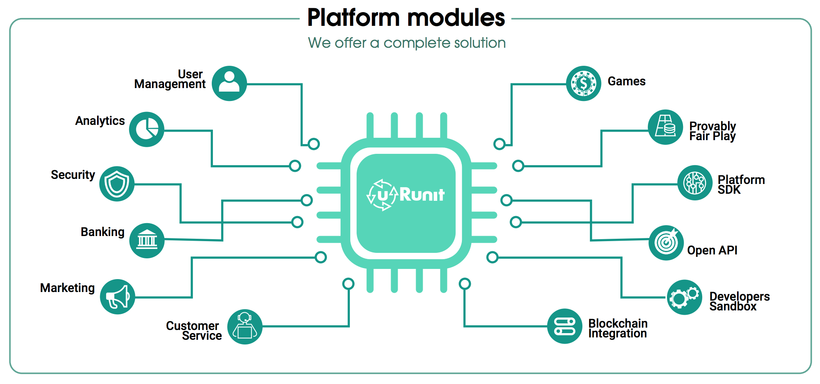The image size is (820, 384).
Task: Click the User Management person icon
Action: pyautogui.click(x=229, y=83)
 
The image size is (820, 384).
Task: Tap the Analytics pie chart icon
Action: pyautogui.click(x=147, y=129)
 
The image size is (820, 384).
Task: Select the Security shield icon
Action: pyautogui.click(x=117, y=184)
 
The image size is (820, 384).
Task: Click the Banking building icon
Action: pyautogui.click(x=147, y=240)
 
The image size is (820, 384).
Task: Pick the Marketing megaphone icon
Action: pyautogui.click(x=117, y=297)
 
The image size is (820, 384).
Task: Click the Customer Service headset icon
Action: pyautogui.click(x=245, y=327)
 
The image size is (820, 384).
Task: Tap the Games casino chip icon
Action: pyautogui.click(x=583, y=83)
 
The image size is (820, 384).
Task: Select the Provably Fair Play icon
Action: pyautogui.click(x=665, y=127)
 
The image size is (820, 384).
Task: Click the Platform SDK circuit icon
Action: pyautogui.click(x=695, y=183)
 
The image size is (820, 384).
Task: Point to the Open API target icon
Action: pyautogui.click(x=666, y=243)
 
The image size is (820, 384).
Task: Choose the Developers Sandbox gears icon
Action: pyautogui.click(x=685, y=297)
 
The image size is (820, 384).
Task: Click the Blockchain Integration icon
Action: pyautogui.click(x=564, y=326)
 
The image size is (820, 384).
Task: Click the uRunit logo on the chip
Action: pyautogui.click(x=406, y=195)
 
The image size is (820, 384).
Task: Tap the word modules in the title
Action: pyautogui.click(x=456, y=18)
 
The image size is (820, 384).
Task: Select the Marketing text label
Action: pyautogui.click(x=67, y=288)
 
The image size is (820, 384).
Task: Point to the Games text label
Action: pyautogui.click(x=626, y=81)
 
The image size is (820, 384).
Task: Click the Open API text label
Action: pyautogui.click(x=712, y=251)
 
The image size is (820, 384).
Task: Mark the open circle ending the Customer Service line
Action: pyautogui.click(x=348, y=283)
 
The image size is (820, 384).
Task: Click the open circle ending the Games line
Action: pyautogui.click(x=499, y=144)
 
